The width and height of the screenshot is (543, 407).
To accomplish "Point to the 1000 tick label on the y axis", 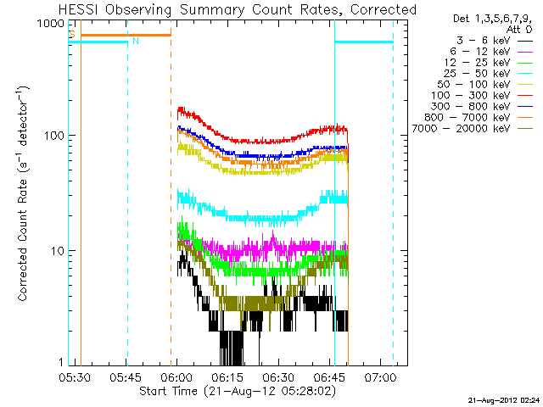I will point(48,24).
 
